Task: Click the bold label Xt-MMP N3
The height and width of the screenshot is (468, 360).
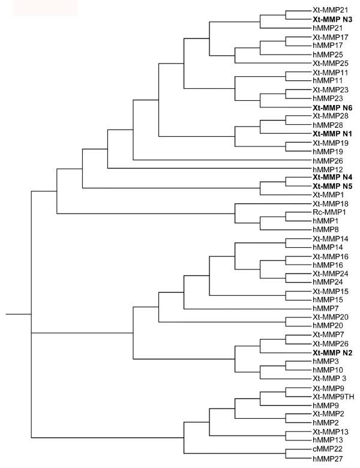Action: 332,19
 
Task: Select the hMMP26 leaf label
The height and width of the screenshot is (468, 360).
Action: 326,160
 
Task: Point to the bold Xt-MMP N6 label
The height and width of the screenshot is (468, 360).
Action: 332,107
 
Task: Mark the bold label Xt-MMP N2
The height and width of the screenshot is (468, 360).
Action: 332,352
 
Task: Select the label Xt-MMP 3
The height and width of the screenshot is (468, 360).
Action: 329,379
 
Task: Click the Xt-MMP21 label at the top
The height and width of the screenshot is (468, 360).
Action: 329,11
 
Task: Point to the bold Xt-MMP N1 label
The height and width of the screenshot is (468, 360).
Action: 332,133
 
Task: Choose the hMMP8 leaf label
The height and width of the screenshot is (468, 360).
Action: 325,230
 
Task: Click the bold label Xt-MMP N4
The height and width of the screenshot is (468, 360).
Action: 332,178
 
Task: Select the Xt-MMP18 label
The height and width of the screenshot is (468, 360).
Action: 329,203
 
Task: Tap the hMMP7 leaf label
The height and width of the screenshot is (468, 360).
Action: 325,309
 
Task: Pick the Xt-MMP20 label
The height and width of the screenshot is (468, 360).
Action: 329,317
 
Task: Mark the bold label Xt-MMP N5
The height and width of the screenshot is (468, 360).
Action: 332,186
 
